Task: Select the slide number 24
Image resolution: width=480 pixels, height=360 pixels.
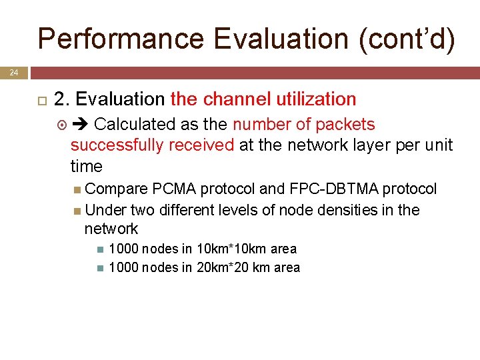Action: coord(14,72)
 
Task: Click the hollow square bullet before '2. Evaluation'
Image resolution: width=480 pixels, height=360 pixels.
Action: coord(40,100)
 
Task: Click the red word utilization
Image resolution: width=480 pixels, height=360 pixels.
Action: coord(316,99)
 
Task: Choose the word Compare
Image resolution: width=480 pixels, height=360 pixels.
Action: coord(117,189)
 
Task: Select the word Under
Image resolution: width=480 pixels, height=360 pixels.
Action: coord(106,210)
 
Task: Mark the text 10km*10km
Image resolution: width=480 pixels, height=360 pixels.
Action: coord(225,249)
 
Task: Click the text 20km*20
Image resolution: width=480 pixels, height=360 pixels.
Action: coord(224,268)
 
